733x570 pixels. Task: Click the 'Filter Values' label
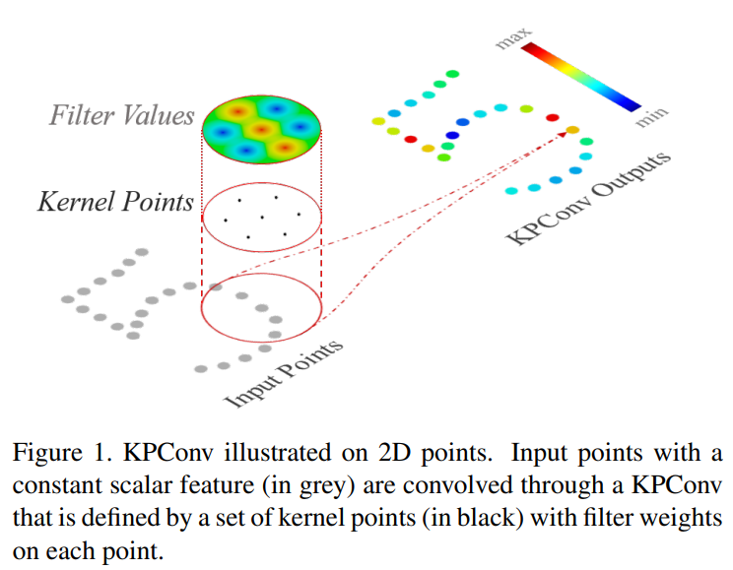[122, 116]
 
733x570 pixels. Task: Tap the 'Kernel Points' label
[115, 202]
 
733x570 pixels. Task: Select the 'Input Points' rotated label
[286, 374]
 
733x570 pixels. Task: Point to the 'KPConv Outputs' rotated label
[589, 199]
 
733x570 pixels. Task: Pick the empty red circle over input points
[261, 305]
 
